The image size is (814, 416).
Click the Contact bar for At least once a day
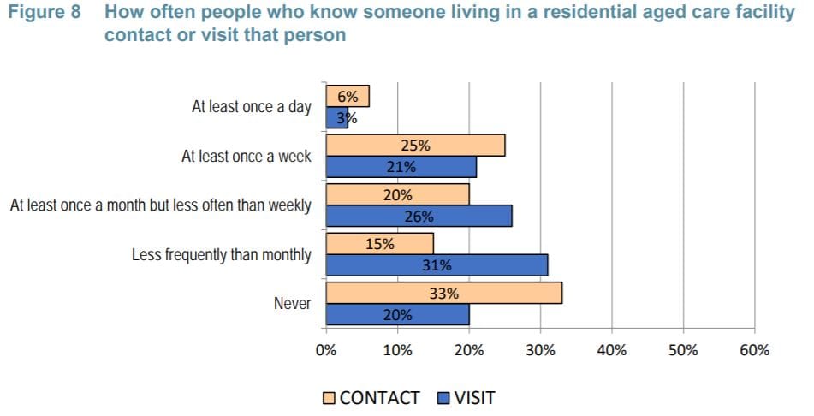click(348, 97)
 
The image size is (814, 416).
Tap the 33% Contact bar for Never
click(443, 293)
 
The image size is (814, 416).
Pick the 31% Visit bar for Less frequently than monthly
click(437, 265)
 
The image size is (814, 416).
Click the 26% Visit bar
click(419, 217)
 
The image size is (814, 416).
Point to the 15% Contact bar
click(379, 244)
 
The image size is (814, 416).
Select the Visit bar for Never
click(397, 315)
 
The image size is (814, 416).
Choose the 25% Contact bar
click(415, 146)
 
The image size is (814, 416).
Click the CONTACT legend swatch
click(330, 398)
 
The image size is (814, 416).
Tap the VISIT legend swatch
click(443, 398)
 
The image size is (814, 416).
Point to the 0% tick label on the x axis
click(325, 350)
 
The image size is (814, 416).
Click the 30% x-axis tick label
click(540, 350)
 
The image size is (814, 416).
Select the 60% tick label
click(754, 350)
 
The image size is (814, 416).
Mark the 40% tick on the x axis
click(611, 350)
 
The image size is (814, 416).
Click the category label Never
click(292, 304)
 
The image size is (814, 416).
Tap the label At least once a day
click(251, 108)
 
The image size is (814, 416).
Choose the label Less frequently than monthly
click(221, 255)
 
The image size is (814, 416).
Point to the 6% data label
click(348, 97)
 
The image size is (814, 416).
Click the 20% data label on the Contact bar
click(397, 195)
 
